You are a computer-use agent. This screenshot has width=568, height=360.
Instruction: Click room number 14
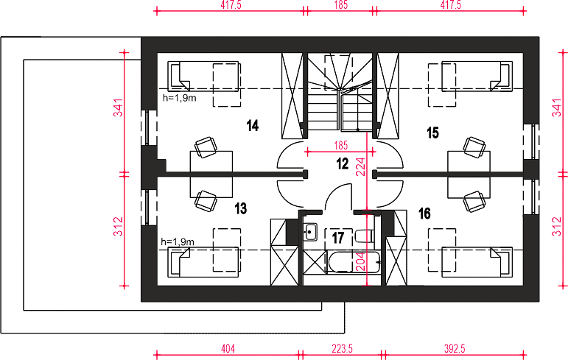click(253, 126)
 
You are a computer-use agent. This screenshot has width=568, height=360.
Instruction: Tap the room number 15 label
click(432, 133)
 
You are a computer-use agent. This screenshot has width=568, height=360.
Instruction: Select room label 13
click(240, 208)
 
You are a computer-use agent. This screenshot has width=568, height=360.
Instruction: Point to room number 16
click(424, 213)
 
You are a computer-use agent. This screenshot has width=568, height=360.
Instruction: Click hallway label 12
click(343, 163)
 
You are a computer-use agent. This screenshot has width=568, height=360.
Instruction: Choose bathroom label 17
click(338, 238)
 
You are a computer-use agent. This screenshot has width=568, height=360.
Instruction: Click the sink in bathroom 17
click(310, 232)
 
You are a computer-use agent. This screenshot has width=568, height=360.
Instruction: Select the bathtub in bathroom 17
click(354, 262)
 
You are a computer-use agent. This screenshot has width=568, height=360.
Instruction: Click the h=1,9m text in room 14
click(180, 98)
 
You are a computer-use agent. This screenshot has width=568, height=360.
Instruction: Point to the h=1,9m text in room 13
click(178, 241)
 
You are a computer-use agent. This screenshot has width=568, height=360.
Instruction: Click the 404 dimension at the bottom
click(228, 349)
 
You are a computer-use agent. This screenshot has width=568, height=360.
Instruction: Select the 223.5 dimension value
click(342, 349)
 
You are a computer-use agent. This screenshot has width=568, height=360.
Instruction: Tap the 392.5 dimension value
click(455, 349)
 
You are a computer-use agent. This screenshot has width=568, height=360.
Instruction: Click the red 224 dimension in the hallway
click(361, 166)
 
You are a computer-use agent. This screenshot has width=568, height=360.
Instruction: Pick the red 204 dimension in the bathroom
click(361, 261)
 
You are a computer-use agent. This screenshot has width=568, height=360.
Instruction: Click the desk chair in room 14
click(206, 147)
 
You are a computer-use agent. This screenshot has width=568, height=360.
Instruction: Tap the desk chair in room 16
click(474, 202)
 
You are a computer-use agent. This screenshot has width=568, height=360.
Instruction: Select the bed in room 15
click(477, 76)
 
